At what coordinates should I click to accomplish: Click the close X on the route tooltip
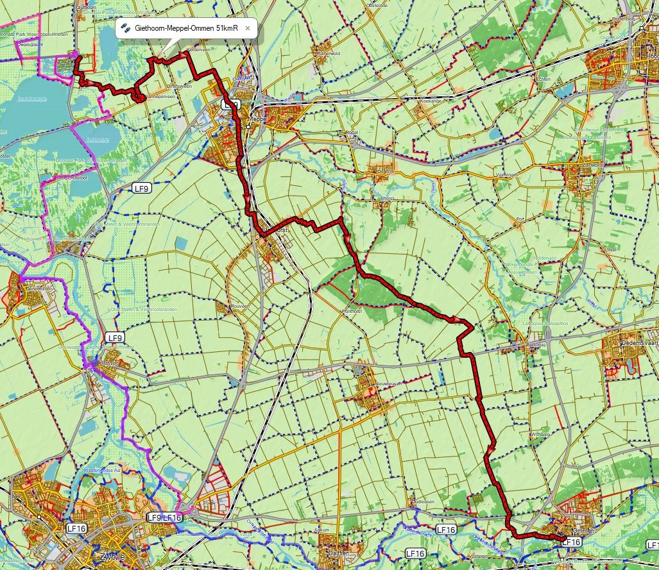click(x=248, y=29)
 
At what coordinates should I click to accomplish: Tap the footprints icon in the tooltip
click(x=126, y=29)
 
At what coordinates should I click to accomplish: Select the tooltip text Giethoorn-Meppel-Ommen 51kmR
click(x=186, y=29)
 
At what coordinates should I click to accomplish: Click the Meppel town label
click(x=257, y=119)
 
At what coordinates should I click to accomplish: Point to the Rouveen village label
click(x=239, y=307)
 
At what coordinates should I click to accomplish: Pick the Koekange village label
click(x=431, y=101)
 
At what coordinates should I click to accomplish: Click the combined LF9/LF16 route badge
click(x=165, y=517)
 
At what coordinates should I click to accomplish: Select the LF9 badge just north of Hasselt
click(x=114, y=337)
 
